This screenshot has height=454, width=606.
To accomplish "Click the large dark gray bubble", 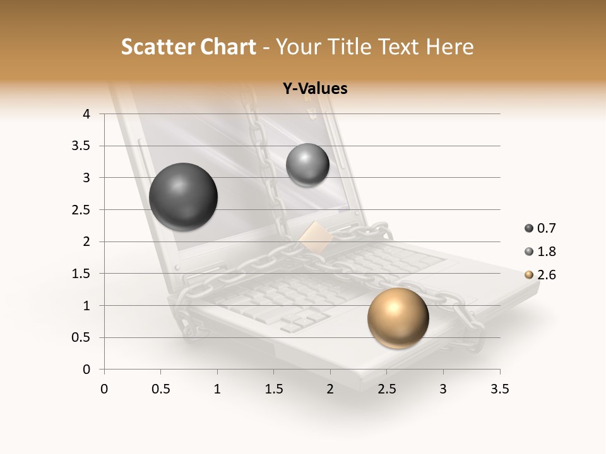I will pos(183,197).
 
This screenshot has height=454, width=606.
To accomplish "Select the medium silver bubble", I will pos(307,165).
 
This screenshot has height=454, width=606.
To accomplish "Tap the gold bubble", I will pos(398,318).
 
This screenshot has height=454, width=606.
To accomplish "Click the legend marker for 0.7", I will pos(528,228).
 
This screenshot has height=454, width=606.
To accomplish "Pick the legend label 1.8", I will pos(546,252).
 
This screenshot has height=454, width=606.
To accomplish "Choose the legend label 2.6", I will pos(546,275).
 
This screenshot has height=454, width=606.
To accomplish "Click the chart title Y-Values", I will pos(315,88).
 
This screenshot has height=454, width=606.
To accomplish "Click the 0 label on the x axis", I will pos(104,389).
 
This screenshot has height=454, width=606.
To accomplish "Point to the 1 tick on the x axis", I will pos(217,389).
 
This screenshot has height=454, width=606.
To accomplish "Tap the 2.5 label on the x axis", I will pos(386,389).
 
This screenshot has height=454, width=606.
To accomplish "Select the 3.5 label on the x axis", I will pos(499,389).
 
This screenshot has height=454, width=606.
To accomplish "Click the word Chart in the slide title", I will pos(228,47).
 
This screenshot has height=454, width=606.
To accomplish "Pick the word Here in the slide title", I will pos(449,47).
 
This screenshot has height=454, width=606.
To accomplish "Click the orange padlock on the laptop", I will pos(316,237).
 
